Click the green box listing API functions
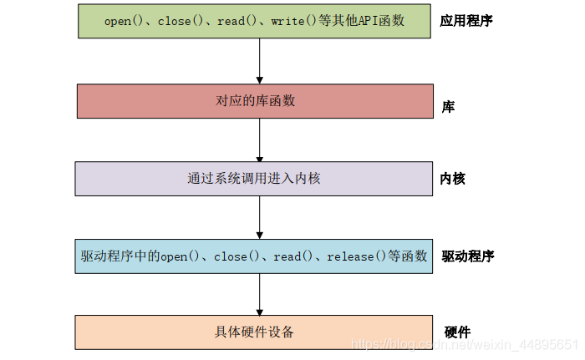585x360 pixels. tap(255, 21)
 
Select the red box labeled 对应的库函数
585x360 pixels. tap(255, 101)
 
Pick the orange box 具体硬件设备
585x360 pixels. tap(255, 332)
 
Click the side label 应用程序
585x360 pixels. tap(465, 21)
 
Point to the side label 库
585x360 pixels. tap(448, 107)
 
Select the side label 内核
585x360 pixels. tap(453, 179)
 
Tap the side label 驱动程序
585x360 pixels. tap(467, 256)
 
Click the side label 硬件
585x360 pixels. tap(457, 332)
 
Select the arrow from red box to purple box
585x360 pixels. tap(260, 139)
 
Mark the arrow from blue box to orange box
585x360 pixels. tap(260, 293)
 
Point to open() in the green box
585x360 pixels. tap(124, 21)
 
